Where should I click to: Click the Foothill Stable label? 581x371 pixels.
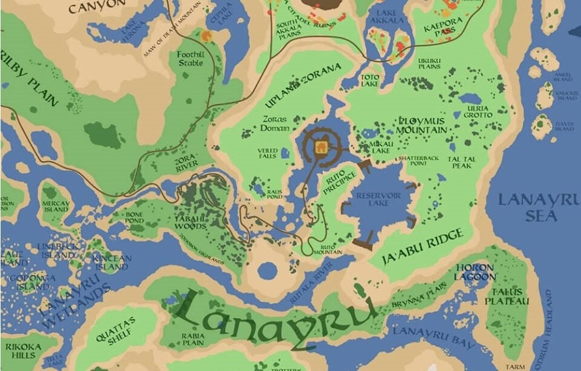pyautogui.click(x=190, y=59)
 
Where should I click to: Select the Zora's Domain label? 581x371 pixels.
pyautogui.click(x=274, y=124)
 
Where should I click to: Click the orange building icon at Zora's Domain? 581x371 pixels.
pyautogui.click(x=321, y=145)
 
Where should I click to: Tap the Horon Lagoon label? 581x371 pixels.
pyautogui.click(x=474, y=272)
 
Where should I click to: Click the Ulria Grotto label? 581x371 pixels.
pyautogui.click(x=478, y=112)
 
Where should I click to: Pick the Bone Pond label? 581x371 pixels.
pyautogui.click(x=134, y=217)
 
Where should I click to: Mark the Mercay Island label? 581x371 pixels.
pyautogui.click(x=56, y=206)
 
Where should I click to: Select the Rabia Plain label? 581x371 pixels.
pyautogui.click(x=193, y=338)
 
